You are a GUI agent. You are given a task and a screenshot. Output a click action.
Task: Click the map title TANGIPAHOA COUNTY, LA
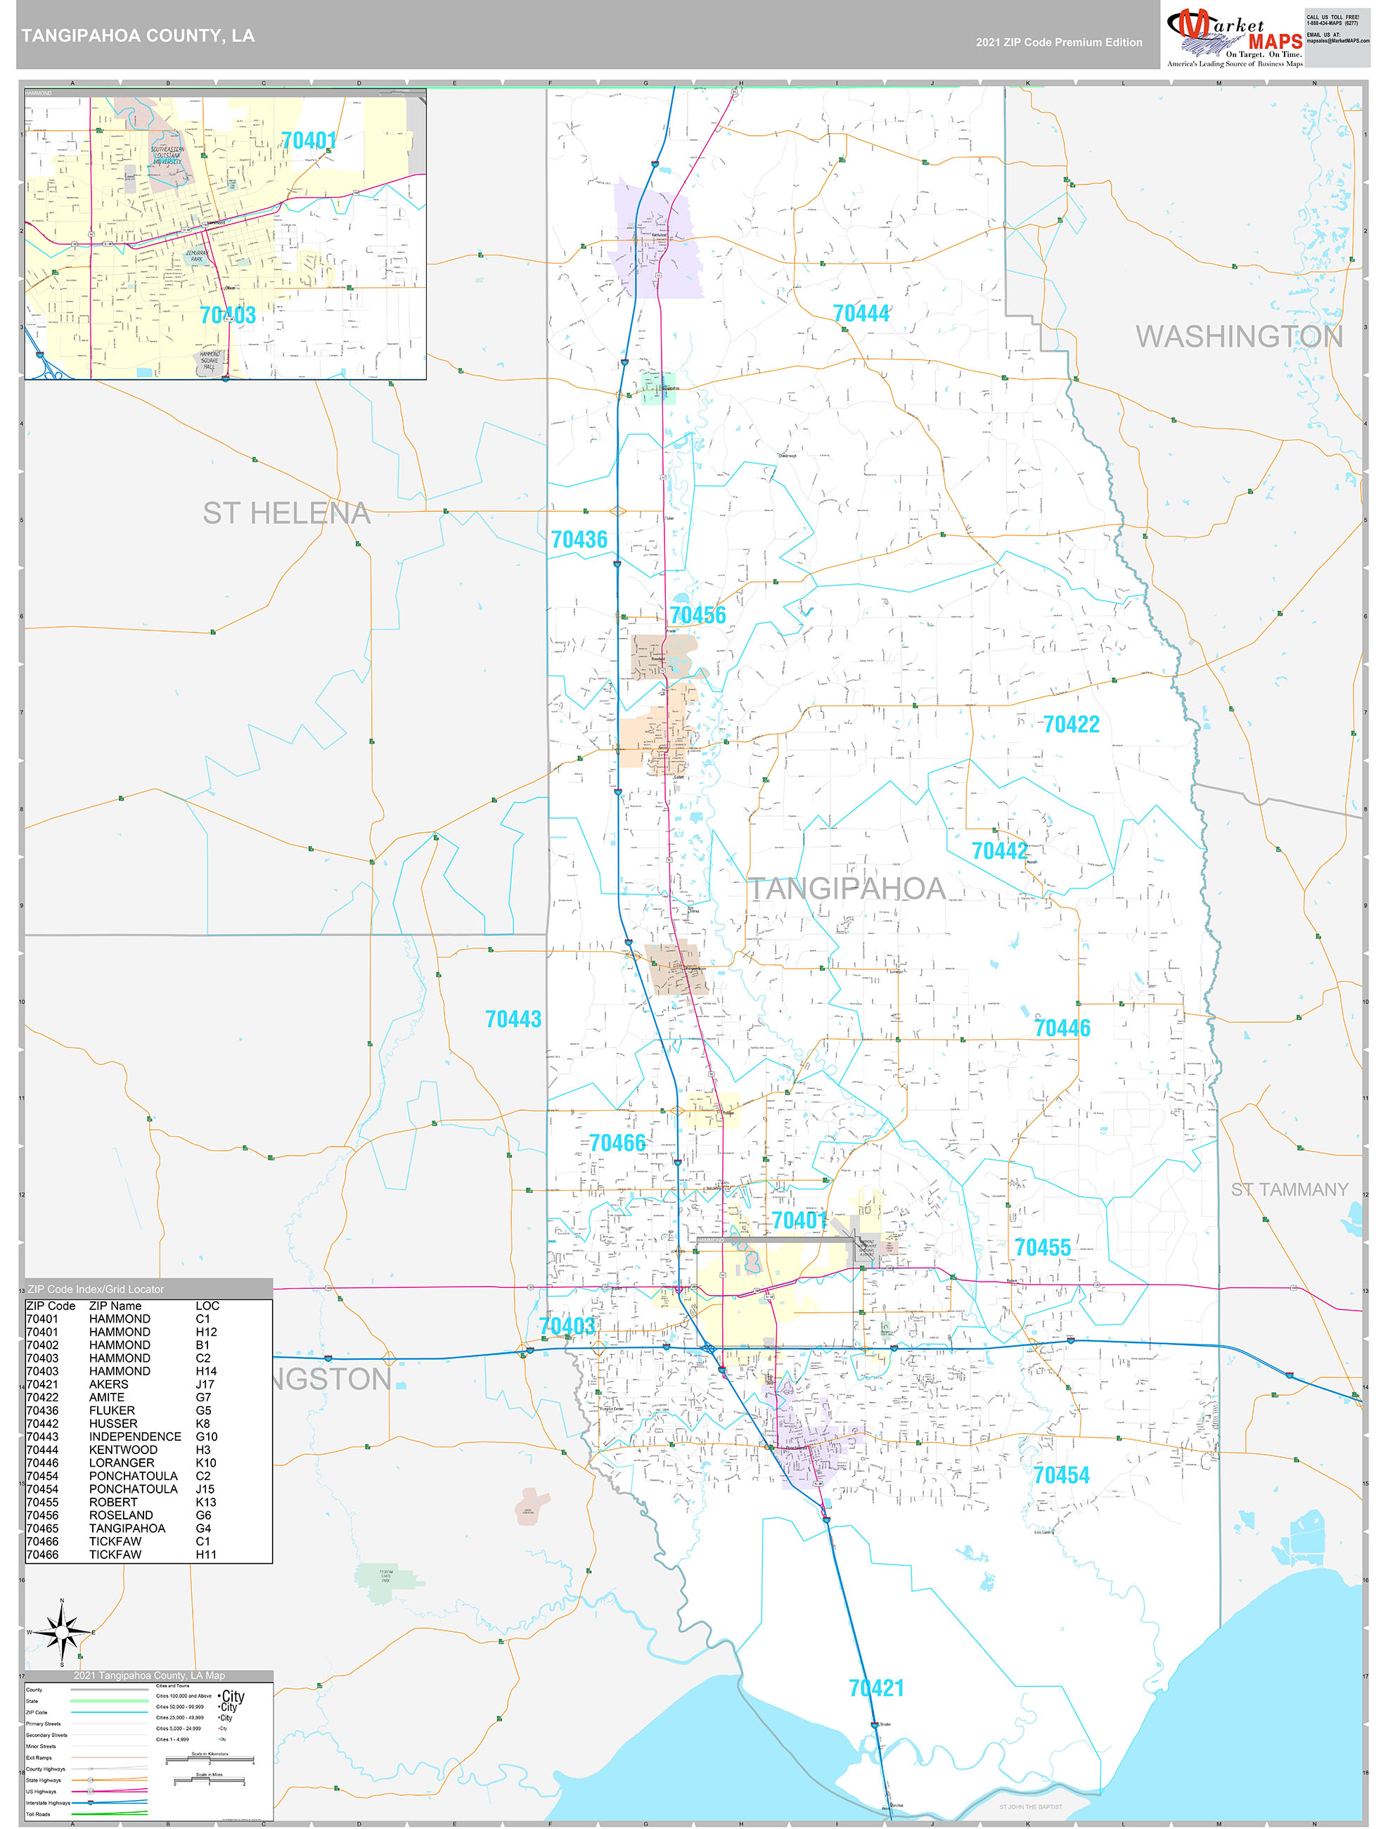pos(137,36)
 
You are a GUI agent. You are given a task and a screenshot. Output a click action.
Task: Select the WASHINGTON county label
pos(1238,336)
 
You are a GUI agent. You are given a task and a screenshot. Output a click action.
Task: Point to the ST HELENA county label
pos(286,514)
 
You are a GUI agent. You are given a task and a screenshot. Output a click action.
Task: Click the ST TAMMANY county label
pos(1289,1190)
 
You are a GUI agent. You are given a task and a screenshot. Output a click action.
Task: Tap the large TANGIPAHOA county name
pos(847,889)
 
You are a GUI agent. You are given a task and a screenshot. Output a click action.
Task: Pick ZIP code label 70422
pos(1071,725)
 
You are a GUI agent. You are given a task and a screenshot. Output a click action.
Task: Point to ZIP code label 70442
pos(999,850)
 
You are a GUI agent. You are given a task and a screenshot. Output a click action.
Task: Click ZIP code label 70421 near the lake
pos(875,1688)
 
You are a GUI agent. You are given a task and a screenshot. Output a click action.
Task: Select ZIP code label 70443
pos(513,1019)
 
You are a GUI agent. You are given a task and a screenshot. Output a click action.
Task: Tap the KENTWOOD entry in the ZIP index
pos(123,1449)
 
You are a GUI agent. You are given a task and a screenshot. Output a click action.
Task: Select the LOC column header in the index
pos(207,1306)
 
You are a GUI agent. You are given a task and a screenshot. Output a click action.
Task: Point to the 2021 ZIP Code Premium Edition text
pos(1058,42)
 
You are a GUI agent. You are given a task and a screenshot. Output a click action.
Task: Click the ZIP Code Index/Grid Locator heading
pos(96,1289)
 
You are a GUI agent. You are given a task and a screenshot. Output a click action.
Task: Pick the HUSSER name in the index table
pos(113,1424)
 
